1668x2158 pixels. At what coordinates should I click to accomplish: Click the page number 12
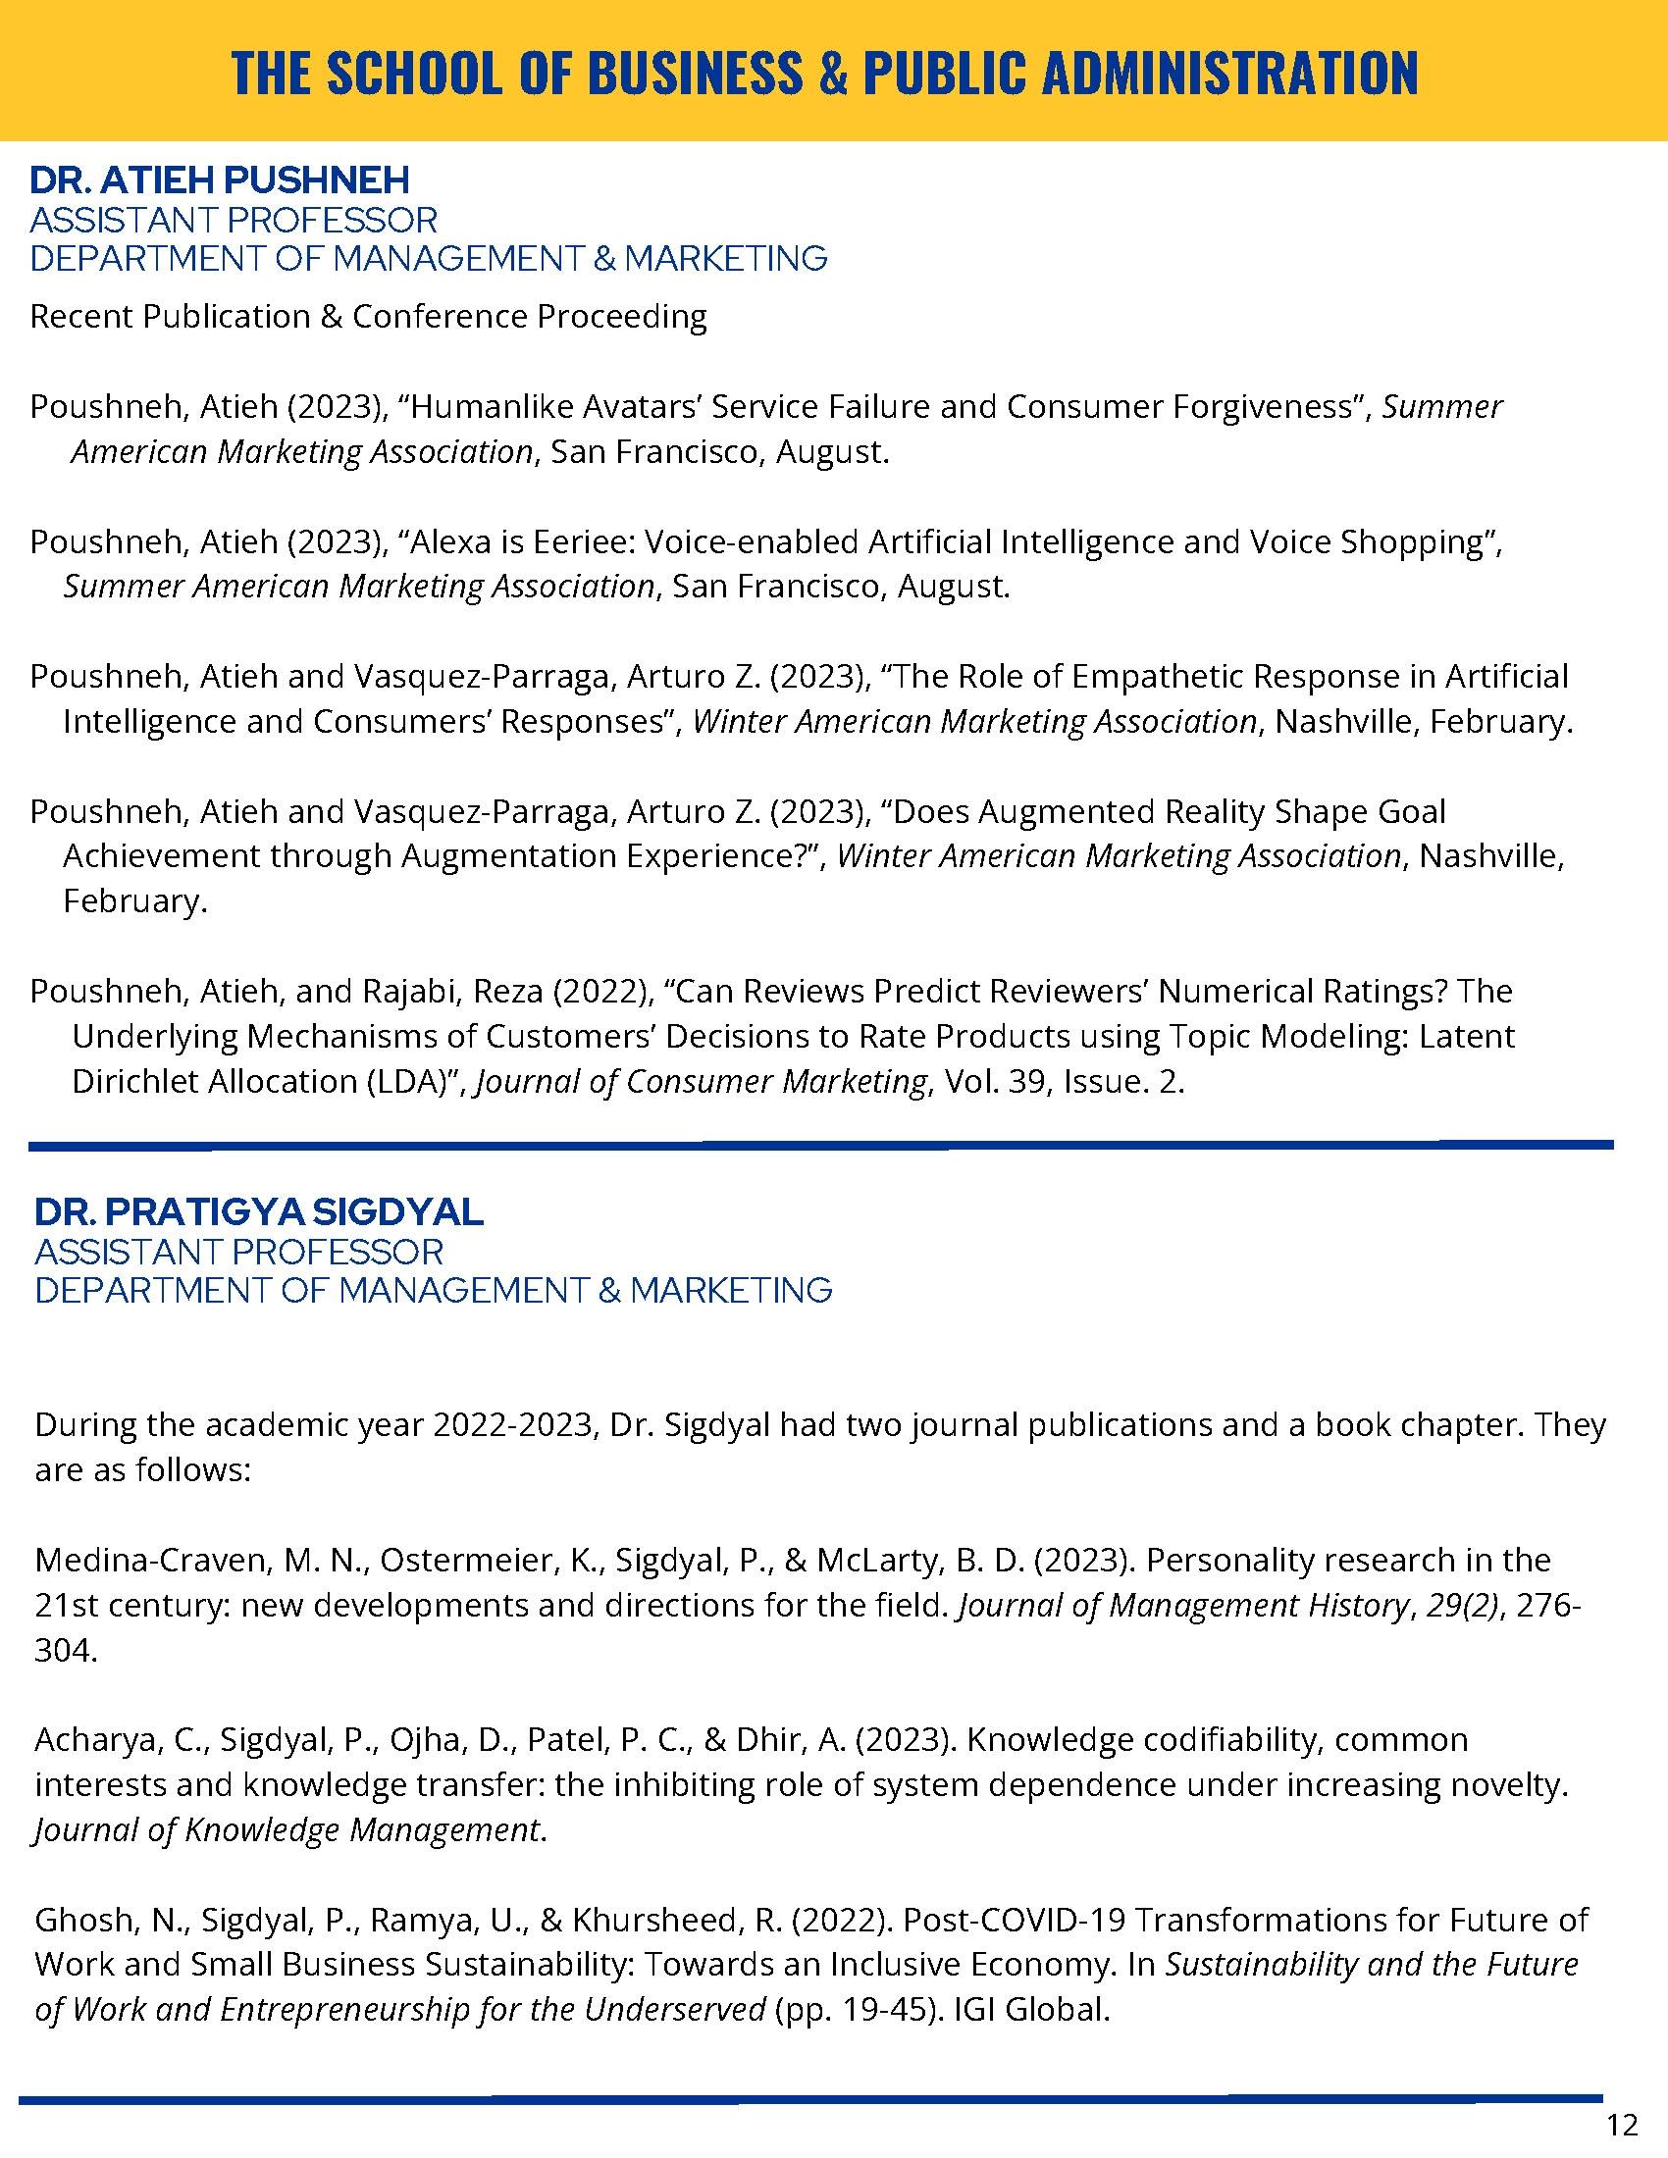pos(1623,2120)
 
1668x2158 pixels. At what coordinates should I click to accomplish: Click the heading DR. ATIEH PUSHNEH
pos(220,180)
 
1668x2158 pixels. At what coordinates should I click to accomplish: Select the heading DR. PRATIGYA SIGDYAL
pos(259,1211)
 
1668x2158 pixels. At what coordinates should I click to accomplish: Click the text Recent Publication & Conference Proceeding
pos(369,316)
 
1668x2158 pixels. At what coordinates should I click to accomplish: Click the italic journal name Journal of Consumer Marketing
pos(702,1081)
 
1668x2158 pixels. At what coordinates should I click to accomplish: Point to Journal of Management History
pos(1183,1605)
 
